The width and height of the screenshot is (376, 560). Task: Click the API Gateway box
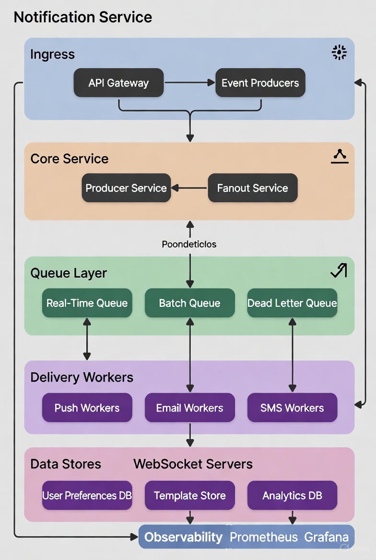[x=118, y=83]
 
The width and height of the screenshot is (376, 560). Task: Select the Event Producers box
[x=260, y=83]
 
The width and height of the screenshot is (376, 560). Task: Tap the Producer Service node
[x=126, y=188]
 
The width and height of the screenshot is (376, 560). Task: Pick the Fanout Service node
[x=253, y=188]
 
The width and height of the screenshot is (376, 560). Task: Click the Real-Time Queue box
[x=87, y=303]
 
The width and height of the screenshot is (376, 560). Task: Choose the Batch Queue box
[x=189, y=303]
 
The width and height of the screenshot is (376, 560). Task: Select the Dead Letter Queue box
[x=292, y=303]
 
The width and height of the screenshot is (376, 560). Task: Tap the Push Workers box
[x=87, y=408]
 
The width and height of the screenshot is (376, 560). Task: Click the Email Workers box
[x=189, y=408]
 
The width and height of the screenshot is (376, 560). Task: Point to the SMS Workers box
[x=292, y=408]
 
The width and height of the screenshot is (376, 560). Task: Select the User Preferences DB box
[x=87, y=495]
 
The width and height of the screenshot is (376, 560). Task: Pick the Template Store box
[x=189, y=495]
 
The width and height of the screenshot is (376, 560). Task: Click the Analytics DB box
[x=292, y=495]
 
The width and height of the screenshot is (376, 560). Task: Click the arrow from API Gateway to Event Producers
[x=189, y=83]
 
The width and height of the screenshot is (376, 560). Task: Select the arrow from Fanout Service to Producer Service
[x=189, y=188]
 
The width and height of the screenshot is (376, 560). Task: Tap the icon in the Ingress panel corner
[x=339, y=53]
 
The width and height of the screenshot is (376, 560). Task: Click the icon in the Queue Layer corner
[x=339, y=271]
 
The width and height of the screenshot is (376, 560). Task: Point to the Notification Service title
[x=83, y=17]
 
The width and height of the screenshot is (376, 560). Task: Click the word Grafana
[x=326, y=537]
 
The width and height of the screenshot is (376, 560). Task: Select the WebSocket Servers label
[x=193, y=464]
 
